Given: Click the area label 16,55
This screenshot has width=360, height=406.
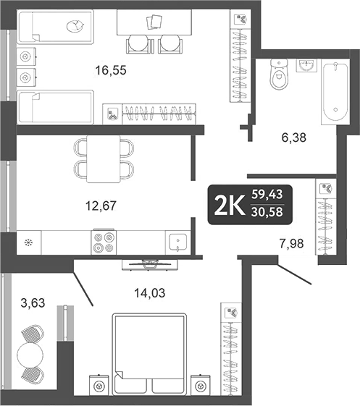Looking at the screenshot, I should point(112,70).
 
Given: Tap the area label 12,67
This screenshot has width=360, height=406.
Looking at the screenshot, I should point(101,205).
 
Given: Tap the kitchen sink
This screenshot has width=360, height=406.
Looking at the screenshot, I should point(177,241).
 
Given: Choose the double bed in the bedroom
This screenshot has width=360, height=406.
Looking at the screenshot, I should point(150,355).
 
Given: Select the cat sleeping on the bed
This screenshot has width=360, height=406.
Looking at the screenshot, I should point(74,28).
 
